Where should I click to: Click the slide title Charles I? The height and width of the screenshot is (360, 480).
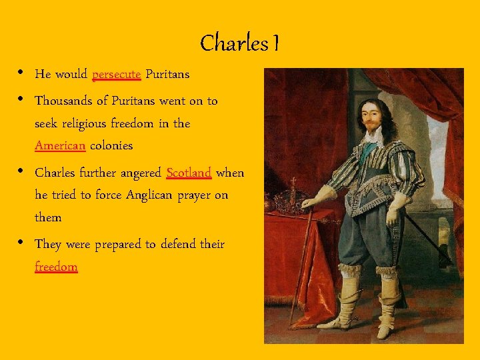click(x=239, y=43)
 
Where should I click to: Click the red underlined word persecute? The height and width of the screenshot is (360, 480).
click(x=116, y=74)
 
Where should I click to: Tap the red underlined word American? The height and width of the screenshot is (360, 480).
click(x=60, y=145)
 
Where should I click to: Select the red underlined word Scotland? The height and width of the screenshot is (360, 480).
click(x=189, y=173)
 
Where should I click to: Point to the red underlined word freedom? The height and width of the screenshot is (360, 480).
click(x=56, y=267)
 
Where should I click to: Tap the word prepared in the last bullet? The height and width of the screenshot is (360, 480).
click(x=123, y=245)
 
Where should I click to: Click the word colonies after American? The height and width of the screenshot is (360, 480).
click(x=111, y=145)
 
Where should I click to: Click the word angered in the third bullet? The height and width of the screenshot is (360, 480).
click(x=139, y=173)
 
